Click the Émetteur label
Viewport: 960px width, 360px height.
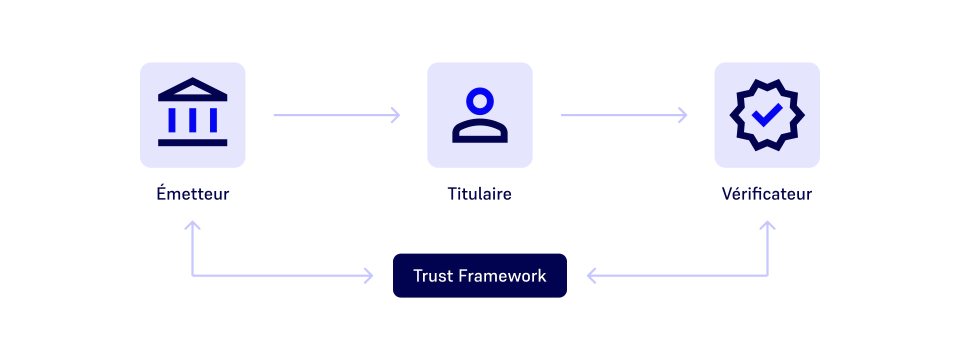coord(192,193)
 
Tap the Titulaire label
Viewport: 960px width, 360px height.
coord(479,194)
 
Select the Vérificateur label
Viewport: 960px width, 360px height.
coord(766,194)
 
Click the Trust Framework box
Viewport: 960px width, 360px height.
coord(479,275)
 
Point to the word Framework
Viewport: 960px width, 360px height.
coord(502,276)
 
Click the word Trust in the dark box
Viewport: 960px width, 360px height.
coord(433,276)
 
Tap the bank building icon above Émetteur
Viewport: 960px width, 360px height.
coord(192,114)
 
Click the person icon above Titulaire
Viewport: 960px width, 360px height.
coord(479,115)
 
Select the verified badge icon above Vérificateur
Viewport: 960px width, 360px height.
coord(767,115)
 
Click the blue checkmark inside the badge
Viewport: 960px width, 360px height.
coord(767,115)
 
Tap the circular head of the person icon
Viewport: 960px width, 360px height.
coord(480,101)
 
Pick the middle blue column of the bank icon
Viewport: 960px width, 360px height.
coord(192,120)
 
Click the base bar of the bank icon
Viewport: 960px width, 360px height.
coord(192,143)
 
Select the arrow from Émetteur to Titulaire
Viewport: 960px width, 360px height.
coord(336,115)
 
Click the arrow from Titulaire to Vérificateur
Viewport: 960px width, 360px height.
coord(623,115)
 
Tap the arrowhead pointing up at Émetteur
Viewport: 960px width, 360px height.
coord(192,225)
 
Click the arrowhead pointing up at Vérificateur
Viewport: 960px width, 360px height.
coord(767,225)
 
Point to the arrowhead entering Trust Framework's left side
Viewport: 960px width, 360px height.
coord(369,275)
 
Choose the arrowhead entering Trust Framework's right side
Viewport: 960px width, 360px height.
coord(591,275)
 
